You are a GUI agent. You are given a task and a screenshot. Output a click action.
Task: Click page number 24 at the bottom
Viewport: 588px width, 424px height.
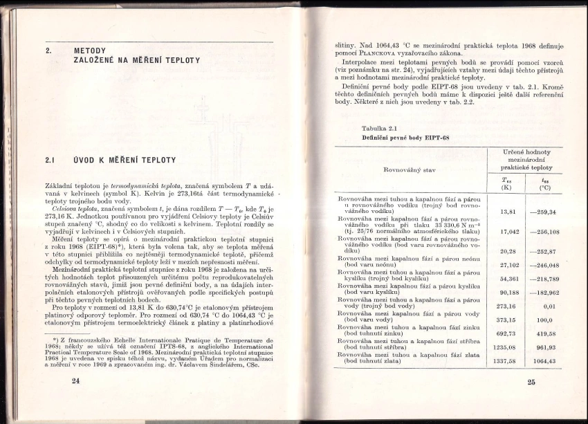tap(75, 380)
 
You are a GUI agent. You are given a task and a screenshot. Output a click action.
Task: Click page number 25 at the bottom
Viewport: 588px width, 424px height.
tap(531, 381)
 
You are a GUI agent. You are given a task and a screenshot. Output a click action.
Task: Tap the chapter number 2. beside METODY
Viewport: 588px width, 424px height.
tap(49, 50)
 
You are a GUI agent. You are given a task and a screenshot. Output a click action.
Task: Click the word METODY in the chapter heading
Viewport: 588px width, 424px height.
tap(89, 50)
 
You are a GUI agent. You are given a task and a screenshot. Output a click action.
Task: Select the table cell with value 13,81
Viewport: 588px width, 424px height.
tap(508, 210)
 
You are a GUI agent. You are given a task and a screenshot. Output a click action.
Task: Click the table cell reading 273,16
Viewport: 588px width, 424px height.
tap(508, 306)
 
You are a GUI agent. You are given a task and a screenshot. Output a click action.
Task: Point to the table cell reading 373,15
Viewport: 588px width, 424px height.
tap(508, 320)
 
